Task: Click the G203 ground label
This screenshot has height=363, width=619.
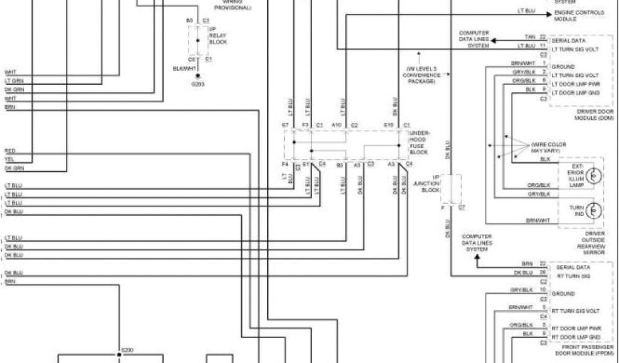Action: [x=198, y=84]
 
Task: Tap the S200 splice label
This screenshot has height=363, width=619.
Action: [x=126, y=350]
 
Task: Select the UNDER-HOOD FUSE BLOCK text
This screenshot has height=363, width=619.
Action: [x=419, y=142]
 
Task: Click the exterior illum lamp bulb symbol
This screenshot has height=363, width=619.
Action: [x=595, y=175]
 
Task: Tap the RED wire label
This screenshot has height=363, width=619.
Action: [x=10, y=150]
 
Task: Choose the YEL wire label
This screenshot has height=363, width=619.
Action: [x=9, y=159]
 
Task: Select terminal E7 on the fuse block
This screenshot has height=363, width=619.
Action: [x=286, y=125]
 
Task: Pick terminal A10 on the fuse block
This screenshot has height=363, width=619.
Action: [x=337, y=125]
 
